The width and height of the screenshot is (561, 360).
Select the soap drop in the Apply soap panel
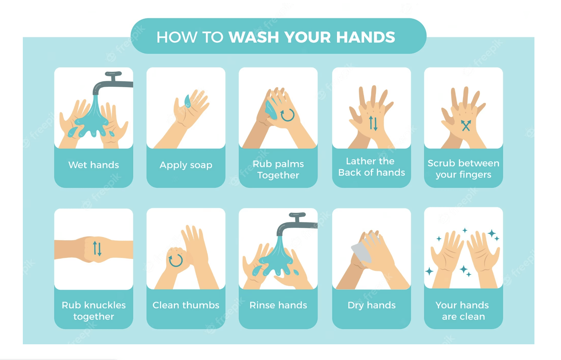[x=187, y=101]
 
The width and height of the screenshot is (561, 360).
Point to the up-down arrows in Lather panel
[x=373, y=123]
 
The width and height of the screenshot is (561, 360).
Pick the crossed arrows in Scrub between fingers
[x=466, y=125]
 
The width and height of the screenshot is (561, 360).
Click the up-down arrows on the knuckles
[x=97, y=248]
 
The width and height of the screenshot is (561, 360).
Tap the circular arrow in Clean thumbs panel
[x=175, y=260]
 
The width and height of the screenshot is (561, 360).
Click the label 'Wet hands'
[x=93, y=165]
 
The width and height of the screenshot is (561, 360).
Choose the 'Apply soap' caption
[x=186, y=165]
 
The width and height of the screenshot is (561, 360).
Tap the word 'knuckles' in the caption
[x=105, y=305]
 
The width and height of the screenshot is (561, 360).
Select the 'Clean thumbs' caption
[x=186, y=305]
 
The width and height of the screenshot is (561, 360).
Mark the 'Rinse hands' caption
[x=278, y=305]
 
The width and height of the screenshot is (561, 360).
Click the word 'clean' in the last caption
[x=463, y=317]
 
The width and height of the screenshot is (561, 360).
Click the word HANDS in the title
[x=365, y=37]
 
